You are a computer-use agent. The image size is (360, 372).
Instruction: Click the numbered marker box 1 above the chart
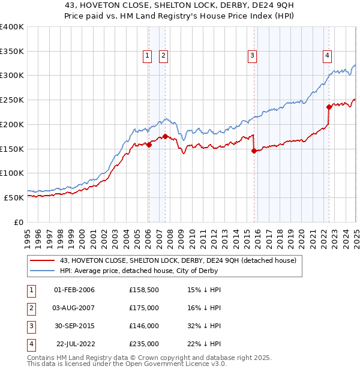pos(148,56)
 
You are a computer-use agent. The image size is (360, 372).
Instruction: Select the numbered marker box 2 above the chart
pos(163,56)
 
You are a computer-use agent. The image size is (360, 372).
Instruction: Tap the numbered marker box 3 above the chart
pos(253,56)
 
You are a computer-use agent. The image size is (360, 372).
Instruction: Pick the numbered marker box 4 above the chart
pos(328,56)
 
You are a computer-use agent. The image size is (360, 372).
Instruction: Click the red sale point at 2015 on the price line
pos(254,151)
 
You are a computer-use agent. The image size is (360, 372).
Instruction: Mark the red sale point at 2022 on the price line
pos(329,107)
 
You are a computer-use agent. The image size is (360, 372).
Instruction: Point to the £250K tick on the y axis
pos(11,100)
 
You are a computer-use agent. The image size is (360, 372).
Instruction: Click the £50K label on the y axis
pos(14,197)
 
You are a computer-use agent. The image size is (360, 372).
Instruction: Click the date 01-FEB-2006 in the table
pos(74,290)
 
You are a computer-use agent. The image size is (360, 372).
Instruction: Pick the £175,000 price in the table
pos(144,308)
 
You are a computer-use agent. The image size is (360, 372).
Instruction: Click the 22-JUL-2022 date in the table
pos(75,344)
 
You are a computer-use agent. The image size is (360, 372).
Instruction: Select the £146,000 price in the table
pos(144,326)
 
